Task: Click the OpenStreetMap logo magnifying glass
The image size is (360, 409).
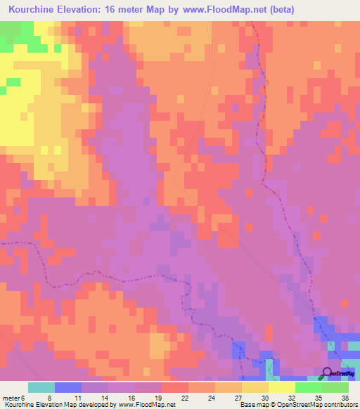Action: tap(327, 372)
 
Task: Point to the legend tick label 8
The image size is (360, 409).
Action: tap(50, 397)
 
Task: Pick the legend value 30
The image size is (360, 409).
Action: tap(264, 397)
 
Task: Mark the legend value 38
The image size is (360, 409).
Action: tap(344, 397)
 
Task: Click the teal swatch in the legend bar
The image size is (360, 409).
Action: tap(41, 387)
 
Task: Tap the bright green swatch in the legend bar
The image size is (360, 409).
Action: tap(308, 387)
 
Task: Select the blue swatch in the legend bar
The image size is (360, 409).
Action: tap(67, 387)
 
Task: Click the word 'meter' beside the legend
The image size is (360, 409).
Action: tap(11, 397)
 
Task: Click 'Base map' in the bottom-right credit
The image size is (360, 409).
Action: tap(253, 405)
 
